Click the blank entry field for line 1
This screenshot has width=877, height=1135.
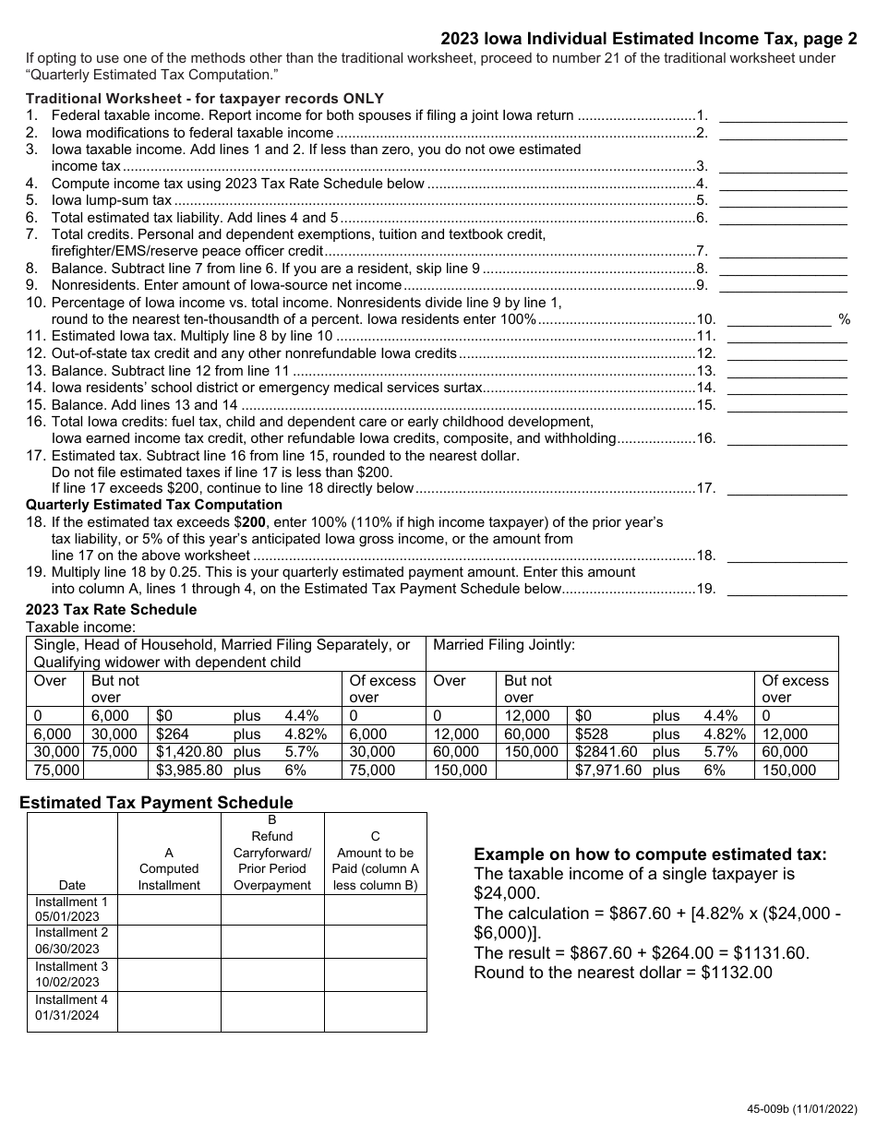pyautogui.click(x=783, y=115)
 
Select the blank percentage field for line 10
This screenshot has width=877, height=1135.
pyautogui.click(x=779, y=319)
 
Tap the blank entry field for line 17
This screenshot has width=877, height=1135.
pyautogui.click(x=783, y=488)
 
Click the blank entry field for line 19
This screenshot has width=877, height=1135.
pyautogui.click(x=783, y=589)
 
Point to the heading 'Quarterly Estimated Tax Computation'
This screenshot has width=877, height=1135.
pyautogui.click(x=154, y=505)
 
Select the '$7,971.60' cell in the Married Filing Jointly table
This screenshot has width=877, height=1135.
pyautogui.click(x=608, y=770)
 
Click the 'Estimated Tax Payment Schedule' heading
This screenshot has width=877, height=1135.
pyautogui.click(x=156, y=803)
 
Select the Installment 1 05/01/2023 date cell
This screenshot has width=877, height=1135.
pyautogui.click(x=72, y=910)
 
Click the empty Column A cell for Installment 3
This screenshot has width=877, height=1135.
pyautogui.click(x=169, y=974)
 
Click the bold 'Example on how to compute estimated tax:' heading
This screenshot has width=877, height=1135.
pyautogui.click(x=650, y=854)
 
